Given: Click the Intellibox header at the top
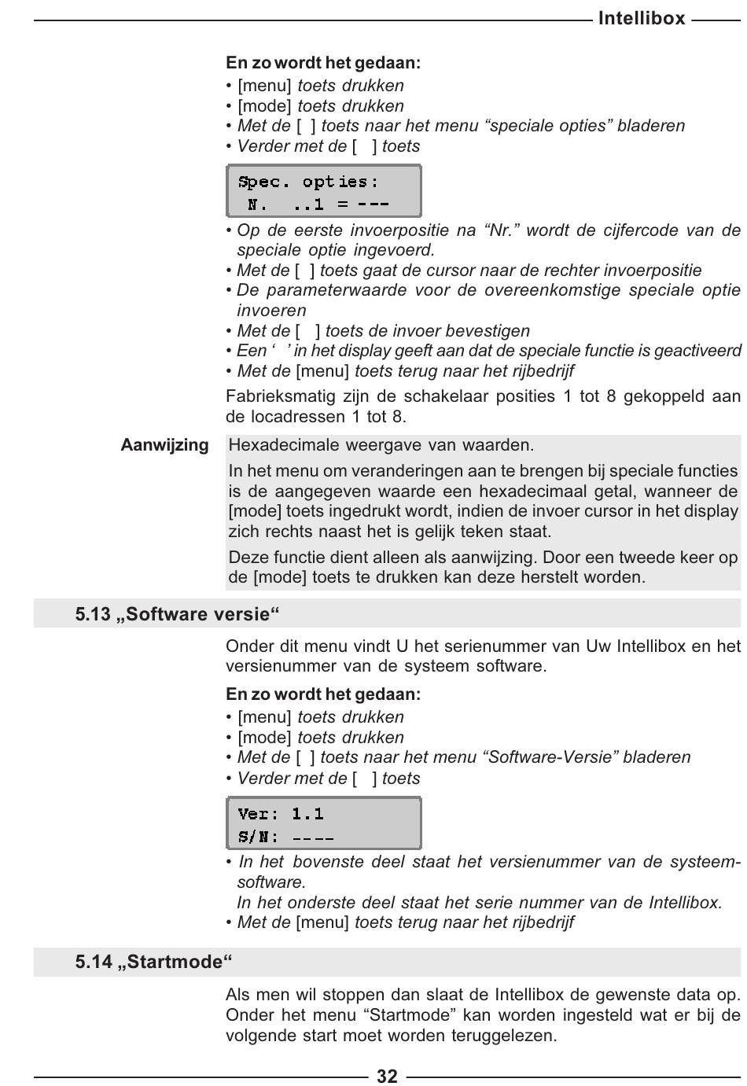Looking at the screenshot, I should (x=642, y=18).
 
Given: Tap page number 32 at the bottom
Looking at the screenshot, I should (x=387, y=1076).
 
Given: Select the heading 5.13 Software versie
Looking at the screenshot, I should (x=178, y=614).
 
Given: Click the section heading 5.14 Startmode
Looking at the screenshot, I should (x=154, y=962).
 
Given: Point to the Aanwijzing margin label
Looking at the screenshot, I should (x=164, y=445).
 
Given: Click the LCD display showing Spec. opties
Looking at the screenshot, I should (x=323, y=191).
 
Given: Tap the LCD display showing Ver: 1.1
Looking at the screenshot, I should (x=323, y=823).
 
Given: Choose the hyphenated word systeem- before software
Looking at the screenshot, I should (x=705, y=862).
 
